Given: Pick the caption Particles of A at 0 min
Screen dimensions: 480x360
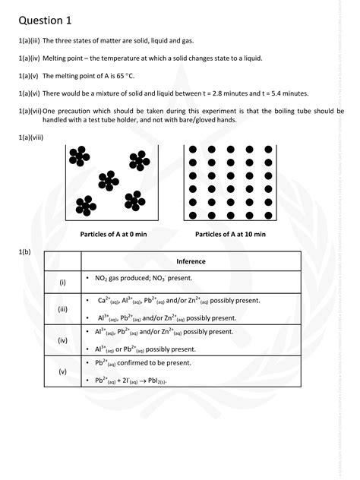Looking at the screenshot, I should pyautogui.click(x=113, y=235).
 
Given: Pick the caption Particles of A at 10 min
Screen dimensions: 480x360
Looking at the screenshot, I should pyautogui.click(x=230, y=235).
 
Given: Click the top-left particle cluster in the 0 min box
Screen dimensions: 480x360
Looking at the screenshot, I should pyautogui.click(x=77, y=156).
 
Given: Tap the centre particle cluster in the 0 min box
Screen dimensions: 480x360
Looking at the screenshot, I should pyautogui.click(x=108, y=180).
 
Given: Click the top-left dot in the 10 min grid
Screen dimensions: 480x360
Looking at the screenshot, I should pyautogui.click(x=193, y=150).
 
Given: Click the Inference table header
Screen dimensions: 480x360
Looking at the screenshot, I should pyautogui.click(x=191, y=261).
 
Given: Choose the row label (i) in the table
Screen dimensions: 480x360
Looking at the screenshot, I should pyautogui.click(x=62, y=282).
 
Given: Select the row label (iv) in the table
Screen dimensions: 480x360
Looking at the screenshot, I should pyautogui.click(x=62, y=341).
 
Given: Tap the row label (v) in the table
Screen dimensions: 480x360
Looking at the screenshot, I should pyautogui.click(x=62, y=371).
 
